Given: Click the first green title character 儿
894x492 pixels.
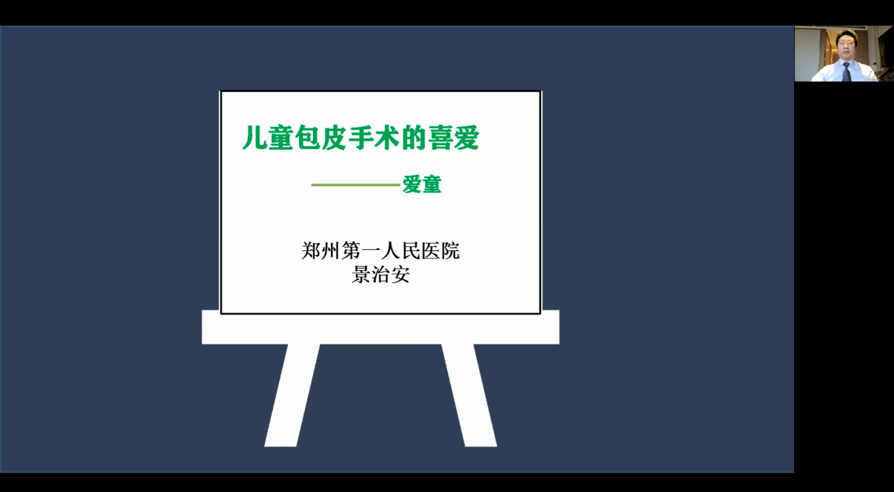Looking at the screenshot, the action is pyautogui.click(x=255, y=138).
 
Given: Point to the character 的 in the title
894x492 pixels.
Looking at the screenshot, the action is pyautogui.click(x=414, y=138).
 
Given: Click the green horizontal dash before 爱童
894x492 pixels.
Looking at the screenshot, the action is pyautogui.click(x=356, y=185).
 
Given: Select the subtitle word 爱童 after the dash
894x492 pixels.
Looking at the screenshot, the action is pyautogui.click(x=422, y=184).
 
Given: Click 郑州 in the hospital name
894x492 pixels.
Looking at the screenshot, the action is pyautogui.click(x=321, y=251).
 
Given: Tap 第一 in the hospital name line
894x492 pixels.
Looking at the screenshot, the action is pyautogui.click(x=361, y=251).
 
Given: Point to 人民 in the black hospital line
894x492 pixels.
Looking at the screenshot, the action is pyautogui.click(x=400, y=251).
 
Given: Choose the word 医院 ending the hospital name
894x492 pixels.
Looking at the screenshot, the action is pyautogui.click(x=440, y=251).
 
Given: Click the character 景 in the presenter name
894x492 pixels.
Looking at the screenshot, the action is pyautogui.click(x=361, y=275).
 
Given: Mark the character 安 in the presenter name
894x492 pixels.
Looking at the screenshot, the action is pyautogui.click(x=400, y=275).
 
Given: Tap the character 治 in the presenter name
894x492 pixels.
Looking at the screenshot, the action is pyautogui.click(x=381, y=275).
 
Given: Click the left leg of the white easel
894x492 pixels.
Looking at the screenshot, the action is pyautogui.click(x=292, y=395).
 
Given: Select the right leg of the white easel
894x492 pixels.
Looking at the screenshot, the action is pyautogui.click(x=469, y=395).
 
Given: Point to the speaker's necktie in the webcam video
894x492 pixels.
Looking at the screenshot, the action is pyautogui.click(x=847, y=72).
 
